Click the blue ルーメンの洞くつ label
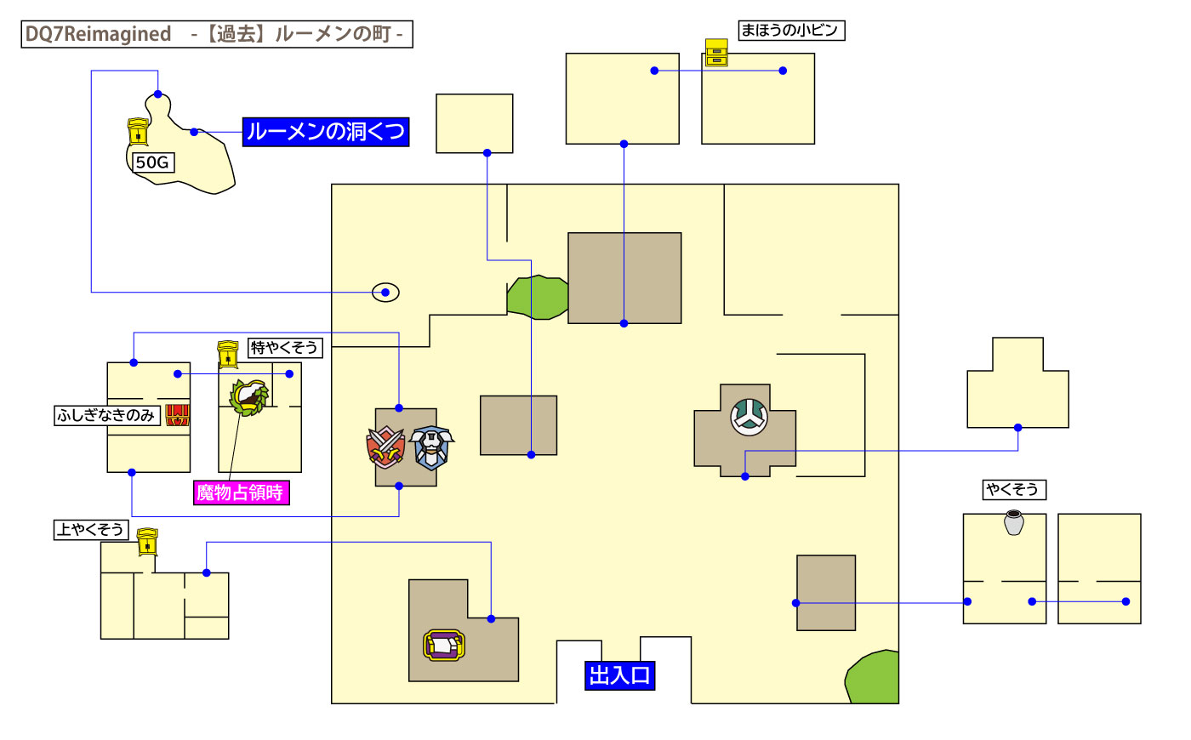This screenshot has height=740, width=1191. pyautogui.click(x=326, y=132)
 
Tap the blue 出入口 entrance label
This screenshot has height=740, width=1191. pyautogui.click(x=619, y=675)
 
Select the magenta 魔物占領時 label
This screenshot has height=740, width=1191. pyautogui.click(x=241, y=492)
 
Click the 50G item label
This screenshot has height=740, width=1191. pyautogui.click(x=152, y=162)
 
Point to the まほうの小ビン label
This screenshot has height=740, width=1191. pyautogui.click(x=790, y=31)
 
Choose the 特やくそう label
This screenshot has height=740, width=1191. pyautogui.click(x=284, y=348)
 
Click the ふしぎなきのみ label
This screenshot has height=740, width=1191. pyautogui.click(x=106, y=415)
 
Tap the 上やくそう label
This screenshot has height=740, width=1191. pyautogui.click(x=90, y=529)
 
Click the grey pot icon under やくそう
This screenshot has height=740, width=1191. pyautogui.click(x=1013, y=521)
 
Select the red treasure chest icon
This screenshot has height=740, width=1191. pyautogui.click(x=177, y=414)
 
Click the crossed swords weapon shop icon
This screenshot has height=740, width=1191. pyautogui.click(x=386, y=447)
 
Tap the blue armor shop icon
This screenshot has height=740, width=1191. pyautogui.click(x=432, y=447)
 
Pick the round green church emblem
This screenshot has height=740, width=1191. pyautogui.click(x=749, y=417)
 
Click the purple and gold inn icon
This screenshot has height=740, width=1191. pyautogui.click(x=444, y=646)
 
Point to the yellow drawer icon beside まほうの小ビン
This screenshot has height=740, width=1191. pyautogui.click(x=716, y=52)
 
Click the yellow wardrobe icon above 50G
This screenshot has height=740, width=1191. pyautogui.click(x=138, y=132)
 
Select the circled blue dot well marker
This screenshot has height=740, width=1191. pyautogui.click(x=385, y=293)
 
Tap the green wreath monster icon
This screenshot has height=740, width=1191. pyautogui.click(x=249, y=396)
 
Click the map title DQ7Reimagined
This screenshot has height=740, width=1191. pyautogui.click(x=98, y=34)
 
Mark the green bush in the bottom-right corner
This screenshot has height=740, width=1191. pyautogui.click(x=875, y=678)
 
